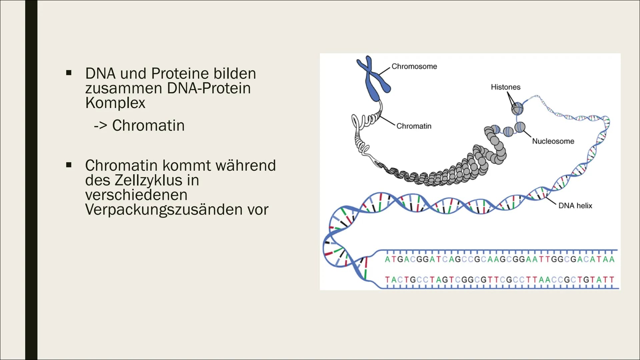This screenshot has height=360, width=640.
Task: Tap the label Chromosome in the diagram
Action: click(x=414, y=66)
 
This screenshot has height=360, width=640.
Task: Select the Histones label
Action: click(x=505, y=87)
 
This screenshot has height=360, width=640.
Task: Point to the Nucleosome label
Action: click(x=553, y=141)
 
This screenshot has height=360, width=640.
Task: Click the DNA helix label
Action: click(x=575, y=206)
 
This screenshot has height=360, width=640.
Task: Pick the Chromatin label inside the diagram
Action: click(x=414, y=126)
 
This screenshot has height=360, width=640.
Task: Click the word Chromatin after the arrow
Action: click(x=148, y=126)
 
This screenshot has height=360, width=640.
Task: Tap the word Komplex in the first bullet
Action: click(x=115, y=103)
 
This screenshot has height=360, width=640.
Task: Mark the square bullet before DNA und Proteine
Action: click(x=69, y=73)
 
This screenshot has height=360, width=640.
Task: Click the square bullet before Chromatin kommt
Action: click(x=69, y=165)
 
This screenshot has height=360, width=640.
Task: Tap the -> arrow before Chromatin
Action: click(x=100, y=126)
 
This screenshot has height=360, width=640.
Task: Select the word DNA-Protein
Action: click(x=209, y=88)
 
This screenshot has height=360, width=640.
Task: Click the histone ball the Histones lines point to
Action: click(x=517, y=108)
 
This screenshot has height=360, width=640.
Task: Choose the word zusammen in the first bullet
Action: click(x=124, y=88)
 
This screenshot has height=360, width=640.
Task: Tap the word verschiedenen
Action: click(x=136, y=195)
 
